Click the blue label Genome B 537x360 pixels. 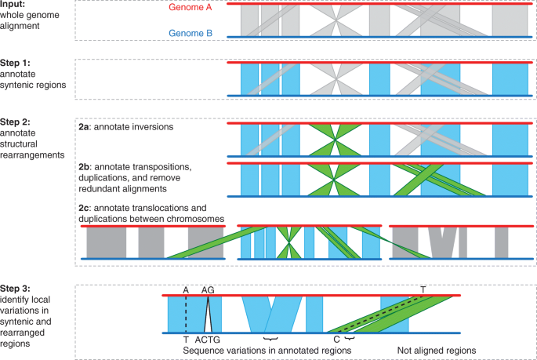click(x=184, y=35)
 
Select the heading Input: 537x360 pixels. click(x=14, y=5)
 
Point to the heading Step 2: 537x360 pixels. click(x=17, y=122)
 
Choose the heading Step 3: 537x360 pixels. click(x=17, y=288)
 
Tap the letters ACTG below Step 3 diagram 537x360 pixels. click(x=208, y=340)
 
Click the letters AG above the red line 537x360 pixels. click(x=209, y=289)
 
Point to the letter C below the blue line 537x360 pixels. click(x=336, y=340)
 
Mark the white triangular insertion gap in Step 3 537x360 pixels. click(x=208, y=318)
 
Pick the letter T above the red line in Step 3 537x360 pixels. click(x=423, y=289)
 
